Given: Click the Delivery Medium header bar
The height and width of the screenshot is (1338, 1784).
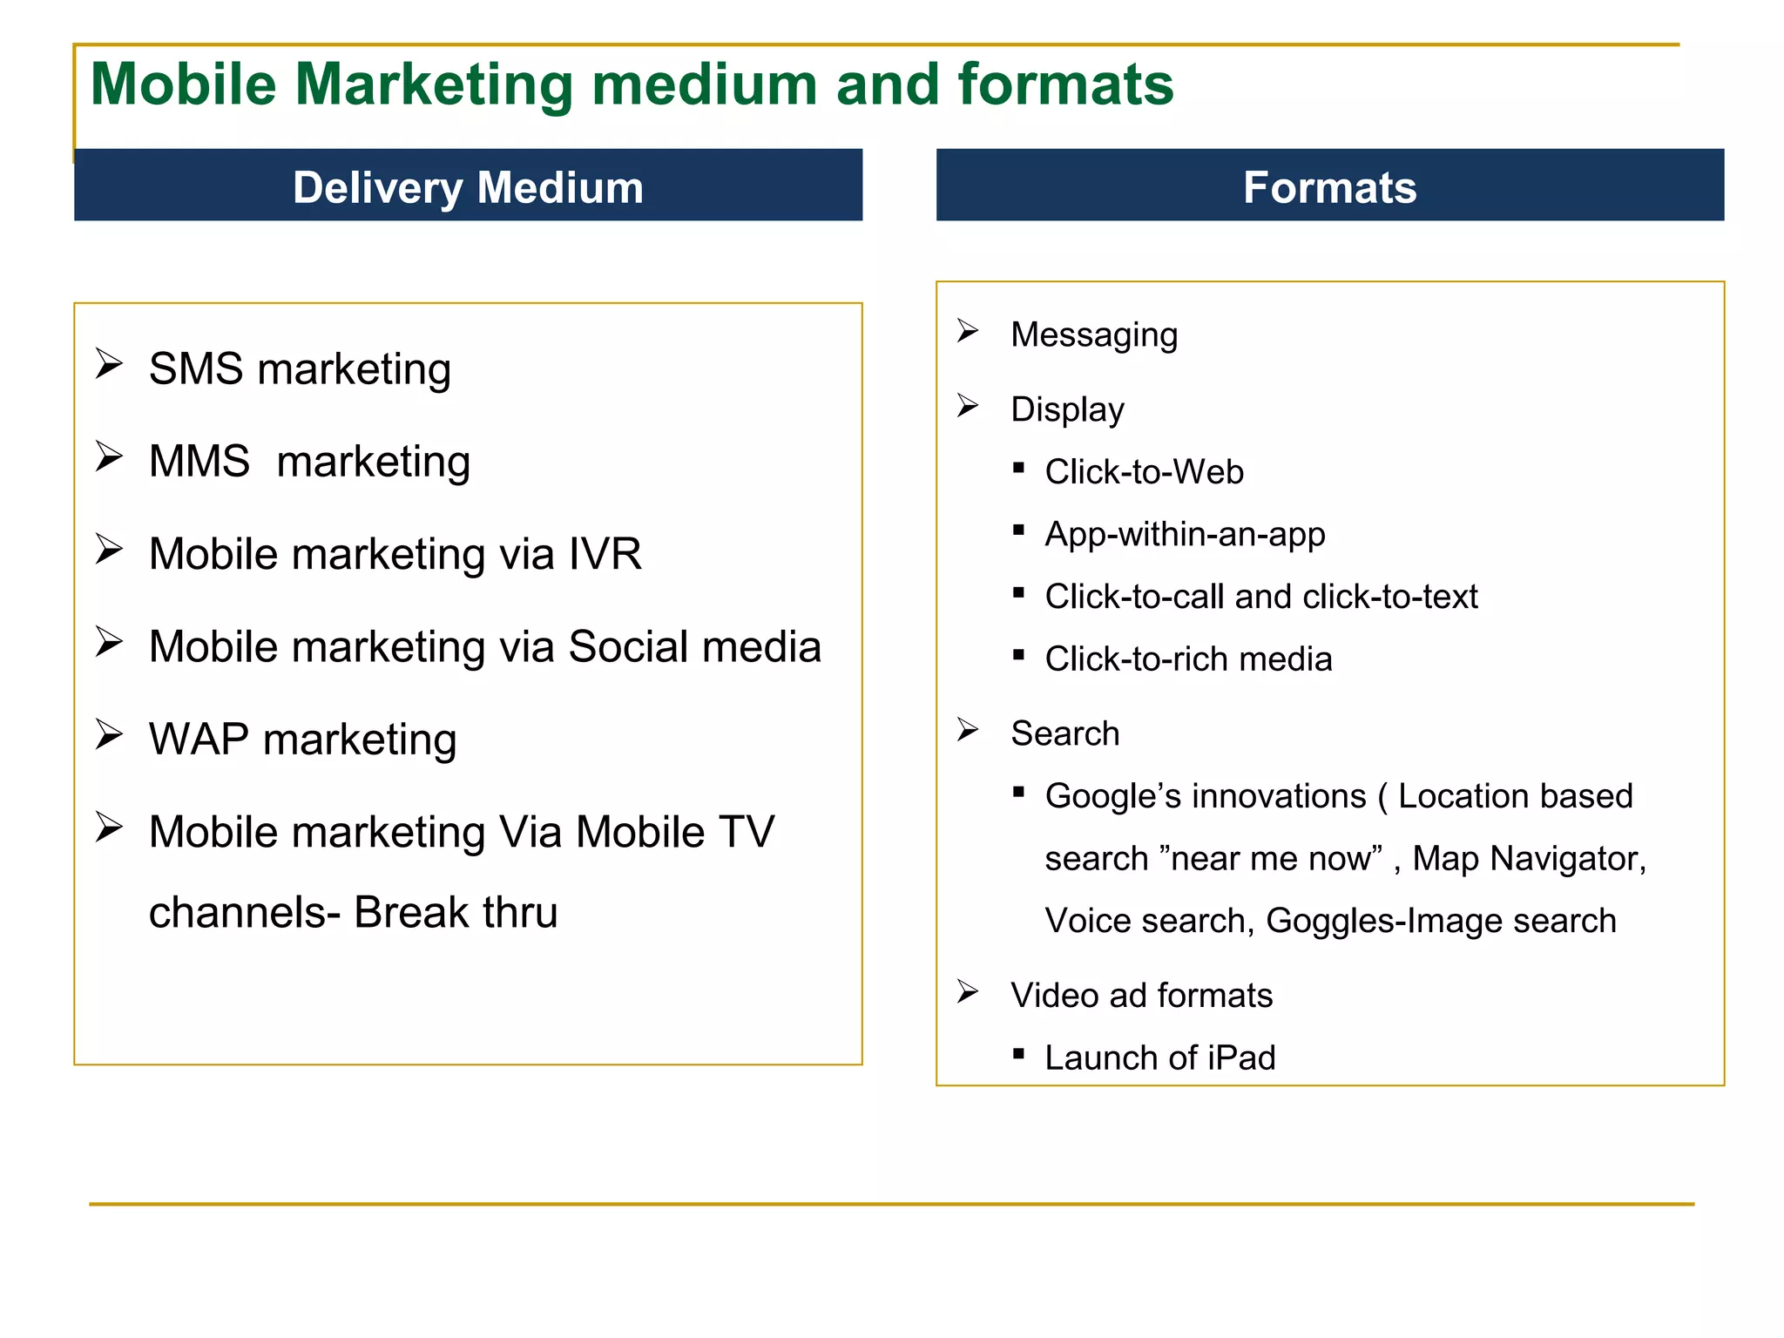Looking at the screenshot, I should coord(468,186).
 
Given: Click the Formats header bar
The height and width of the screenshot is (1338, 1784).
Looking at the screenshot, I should coord(1329,186).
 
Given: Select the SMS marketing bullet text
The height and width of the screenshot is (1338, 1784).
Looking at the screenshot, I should coord(300,368).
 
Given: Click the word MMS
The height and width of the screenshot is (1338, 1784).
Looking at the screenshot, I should coord(199,461).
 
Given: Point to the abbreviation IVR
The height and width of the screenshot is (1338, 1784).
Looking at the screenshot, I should coord(605,554).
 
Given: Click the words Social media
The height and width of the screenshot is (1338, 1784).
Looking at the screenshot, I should coord(694,646).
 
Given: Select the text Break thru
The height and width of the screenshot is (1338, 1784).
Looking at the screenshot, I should coord(456,913).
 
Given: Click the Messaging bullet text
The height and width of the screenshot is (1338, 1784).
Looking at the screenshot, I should coord(1094,334).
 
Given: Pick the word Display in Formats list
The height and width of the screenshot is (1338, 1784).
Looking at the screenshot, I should coord(1067,409).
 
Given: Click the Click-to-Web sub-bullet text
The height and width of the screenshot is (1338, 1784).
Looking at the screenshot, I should coord(1144,472).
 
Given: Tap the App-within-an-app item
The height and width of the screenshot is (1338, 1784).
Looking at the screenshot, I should coord(1185,534).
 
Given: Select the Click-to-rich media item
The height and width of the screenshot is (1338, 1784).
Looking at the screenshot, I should coord(1188,659).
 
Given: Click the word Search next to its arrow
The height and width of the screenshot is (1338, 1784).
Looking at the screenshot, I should coord(1064,733).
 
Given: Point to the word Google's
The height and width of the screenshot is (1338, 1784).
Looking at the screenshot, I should coord(1113,796).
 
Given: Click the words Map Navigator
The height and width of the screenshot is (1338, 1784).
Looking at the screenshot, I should coord(1528,859).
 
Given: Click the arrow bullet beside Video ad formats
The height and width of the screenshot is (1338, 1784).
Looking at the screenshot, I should coord(968,991).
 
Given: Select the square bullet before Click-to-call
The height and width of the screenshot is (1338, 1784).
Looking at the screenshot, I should coord(1018,592).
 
